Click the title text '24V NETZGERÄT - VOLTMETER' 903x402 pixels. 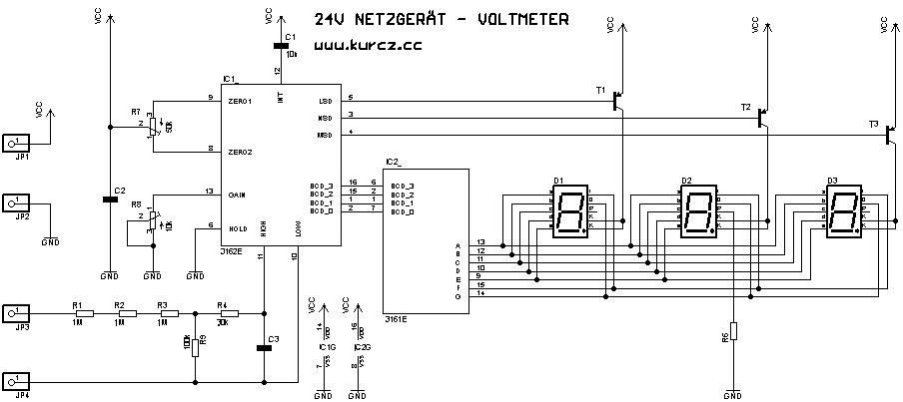[442, 19]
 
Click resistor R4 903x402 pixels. [227, 313]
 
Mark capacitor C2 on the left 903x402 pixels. [110, 199]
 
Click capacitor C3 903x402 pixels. [264, 347]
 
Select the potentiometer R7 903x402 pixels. [152, 125]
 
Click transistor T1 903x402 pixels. [619, 99]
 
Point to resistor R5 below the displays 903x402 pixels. [732, 332]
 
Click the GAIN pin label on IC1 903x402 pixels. [239, 194]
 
